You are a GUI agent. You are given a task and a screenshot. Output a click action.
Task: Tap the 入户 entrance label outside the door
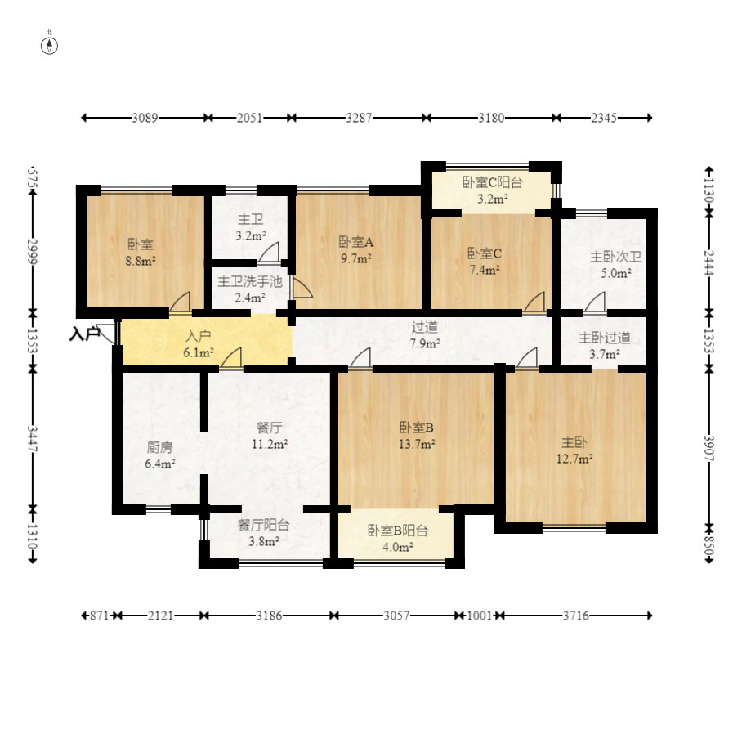tap(84, 334)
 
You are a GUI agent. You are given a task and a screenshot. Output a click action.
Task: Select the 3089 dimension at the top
tap(145, 118)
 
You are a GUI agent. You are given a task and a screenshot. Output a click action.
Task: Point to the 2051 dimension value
tap(249, 118)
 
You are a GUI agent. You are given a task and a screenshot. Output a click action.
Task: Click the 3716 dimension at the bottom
tap(576, 616)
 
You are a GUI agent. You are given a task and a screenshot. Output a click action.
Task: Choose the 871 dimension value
tap(100, 616)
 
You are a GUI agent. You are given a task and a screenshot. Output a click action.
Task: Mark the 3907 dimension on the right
tap(709, 447)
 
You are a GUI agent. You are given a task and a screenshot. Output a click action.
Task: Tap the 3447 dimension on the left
tap(32, 438)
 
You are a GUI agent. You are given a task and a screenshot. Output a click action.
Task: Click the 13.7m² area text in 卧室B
tap(417, 444)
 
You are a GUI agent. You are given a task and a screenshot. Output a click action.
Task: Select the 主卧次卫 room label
tap(615, 257)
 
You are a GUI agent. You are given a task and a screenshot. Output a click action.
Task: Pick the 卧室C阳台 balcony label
tap(492, 182)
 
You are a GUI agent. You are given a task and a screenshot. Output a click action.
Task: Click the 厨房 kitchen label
tap(160, 447)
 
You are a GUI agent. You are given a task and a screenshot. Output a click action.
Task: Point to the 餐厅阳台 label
tap(263, 525)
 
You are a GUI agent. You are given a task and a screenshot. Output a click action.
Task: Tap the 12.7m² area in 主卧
tap(574, 459)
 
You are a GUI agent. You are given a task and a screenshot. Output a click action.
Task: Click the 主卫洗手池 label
tap(250, 281)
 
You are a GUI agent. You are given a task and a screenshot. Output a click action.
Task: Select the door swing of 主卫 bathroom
tap(270, 252)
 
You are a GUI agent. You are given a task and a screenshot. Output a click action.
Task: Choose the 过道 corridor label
tap(424, 327)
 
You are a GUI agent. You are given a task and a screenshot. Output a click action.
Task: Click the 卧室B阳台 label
tap(398, 531)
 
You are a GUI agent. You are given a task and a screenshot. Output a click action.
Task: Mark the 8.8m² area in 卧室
tap(141, 261)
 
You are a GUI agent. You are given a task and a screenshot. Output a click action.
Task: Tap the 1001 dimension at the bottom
tap(480, 616)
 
